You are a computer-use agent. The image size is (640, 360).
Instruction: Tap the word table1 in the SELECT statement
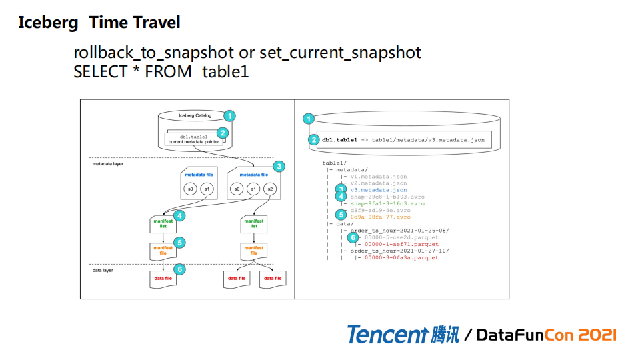[x=225, y=71]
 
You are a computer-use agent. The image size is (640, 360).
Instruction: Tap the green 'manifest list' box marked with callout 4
[x=161, y=223]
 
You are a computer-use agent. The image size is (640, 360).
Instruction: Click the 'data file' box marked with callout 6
[x=161, y=277]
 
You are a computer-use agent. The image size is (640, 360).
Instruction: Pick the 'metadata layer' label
[x=107, y=163]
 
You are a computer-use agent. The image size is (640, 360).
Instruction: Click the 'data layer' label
[x=103, y=270]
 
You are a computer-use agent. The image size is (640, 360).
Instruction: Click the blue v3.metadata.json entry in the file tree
[x=379, y=190]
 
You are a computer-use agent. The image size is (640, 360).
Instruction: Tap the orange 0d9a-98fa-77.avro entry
[x=381, y=217]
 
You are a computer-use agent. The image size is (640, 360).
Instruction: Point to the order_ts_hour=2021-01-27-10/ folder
[x=400, y=251]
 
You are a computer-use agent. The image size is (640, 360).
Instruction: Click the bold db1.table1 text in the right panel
[x=340, y=140]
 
